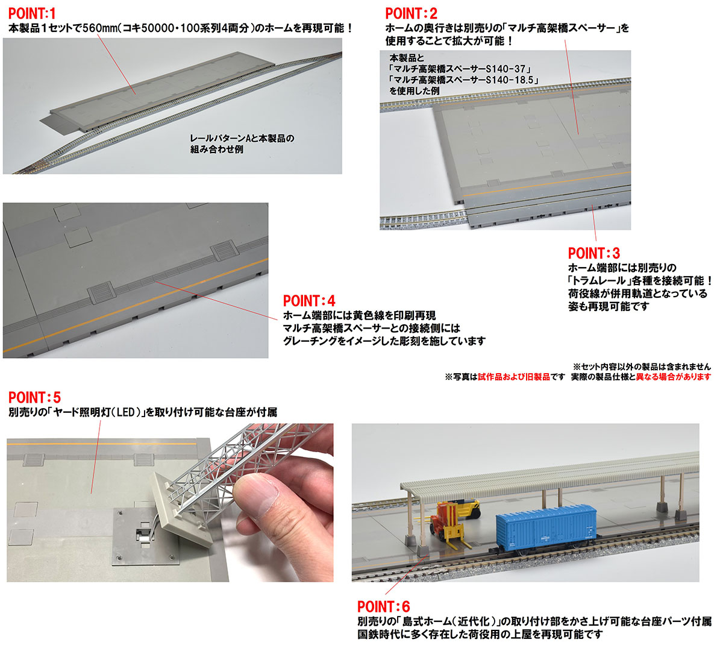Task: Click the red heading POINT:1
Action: (32, 14)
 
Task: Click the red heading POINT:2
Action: (412, 14)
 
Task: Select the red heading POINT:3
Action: (594, 253)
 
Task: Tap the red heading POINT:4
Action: (309, 301)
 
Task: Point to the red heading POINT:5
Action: (34, 397)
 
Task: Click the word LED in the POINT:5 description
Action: (125, 412)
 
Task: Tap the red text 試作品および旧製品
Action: (514, 377)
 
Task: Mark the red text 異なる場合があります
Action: (673, 377)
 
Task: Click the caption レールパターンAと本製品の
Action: (242, 138)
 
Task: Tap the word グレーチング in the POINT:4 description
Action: (310, 341)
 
